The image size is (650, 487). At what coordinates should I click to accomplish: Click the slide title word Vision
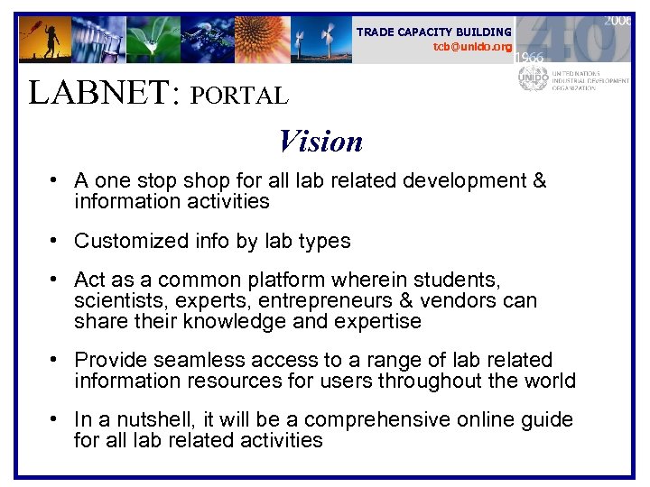(320, 142)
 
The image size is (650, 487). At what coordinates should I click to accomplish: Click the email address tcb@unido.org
(472, 46)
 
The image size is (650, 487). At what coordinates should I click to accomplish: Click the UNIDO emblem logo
(532, 79)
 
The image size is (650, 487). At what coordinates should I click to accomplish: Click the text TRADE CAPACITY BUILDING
(433, 32)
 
